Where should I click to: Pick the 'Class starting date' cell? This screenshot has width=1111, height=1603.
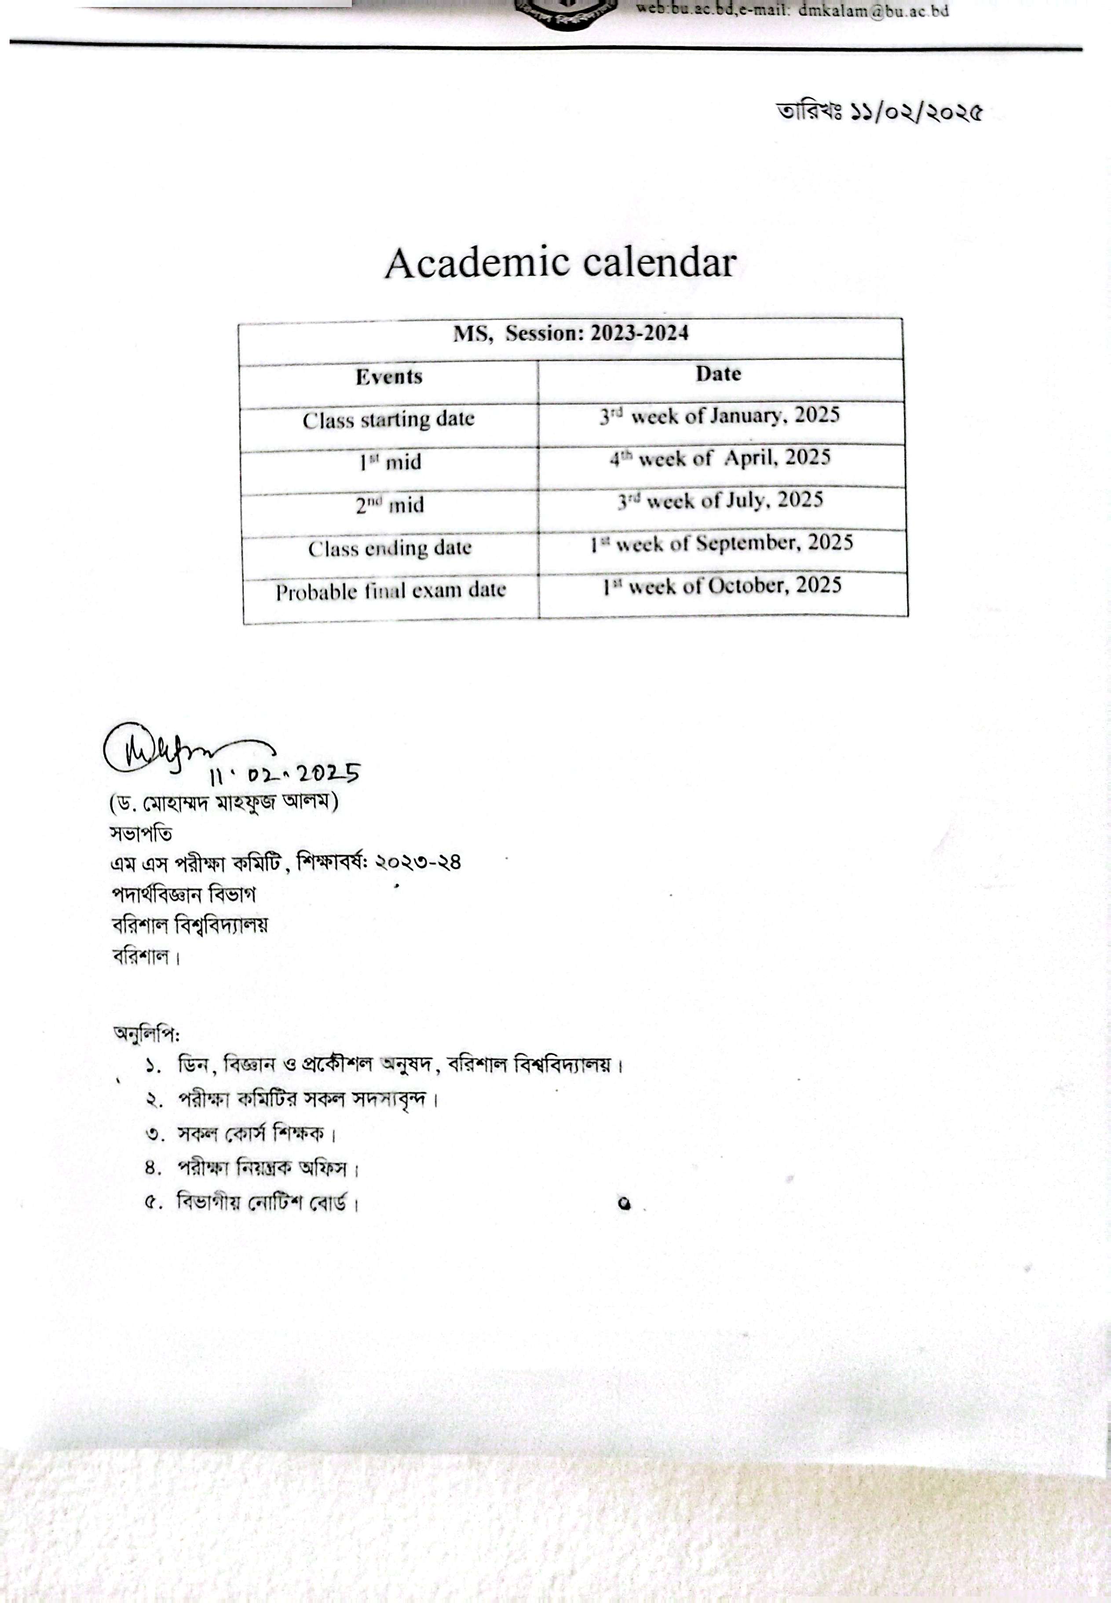388,420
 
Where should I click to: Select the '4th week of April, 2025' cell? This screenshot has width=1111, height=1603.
720,458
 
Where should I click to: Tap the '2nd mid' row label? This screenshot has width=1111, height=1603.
390,505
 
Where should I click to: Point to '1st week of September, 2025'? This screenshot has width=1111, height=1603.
721,543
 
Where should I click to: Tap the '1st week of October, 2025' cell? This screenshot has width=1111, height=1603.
722,586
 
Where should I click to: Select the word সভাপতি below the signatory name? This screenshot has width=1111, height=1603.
141,833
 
